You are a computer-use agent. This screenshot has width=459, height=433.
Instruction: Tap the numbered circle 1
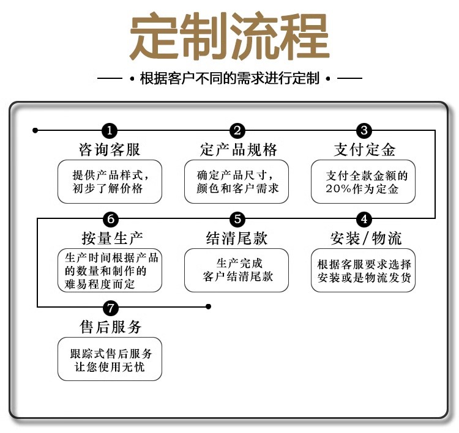[110, 130]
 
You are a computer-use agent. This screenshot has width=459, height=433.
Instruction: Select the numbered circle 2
[237, 130]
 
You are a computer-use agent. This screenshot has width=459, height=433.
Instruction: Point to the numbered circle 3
[364, 130]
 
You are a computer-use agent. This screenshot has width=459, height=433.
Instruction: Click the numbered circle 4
[364, 219]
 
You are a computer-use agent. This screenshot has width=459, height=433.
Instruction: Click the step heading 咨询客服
[110, 150]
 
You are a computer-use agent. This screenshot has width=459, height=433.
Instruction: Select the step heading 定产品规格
[238, 150]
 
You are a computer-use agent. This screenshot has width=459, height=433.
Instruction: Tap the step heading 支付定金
[364, 150]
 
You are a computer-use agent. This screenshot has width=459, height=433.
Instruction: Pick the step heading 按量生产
[112, 237]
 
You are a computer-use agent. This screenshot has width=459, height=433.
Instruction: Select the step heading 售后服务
[111, 327]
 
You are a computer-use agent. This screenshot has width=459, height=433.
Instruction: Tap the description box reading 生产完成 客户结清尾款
[236, 270]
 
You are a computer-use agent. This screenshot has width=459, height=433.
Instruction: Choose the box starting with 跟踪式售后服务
[110, 359]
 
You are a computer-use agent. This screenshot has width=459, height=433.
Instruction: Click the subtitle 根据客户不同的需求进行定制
[229, 78]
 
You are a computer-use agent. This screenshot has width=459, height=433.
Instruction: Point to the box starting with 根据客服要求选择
[364, 270]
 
